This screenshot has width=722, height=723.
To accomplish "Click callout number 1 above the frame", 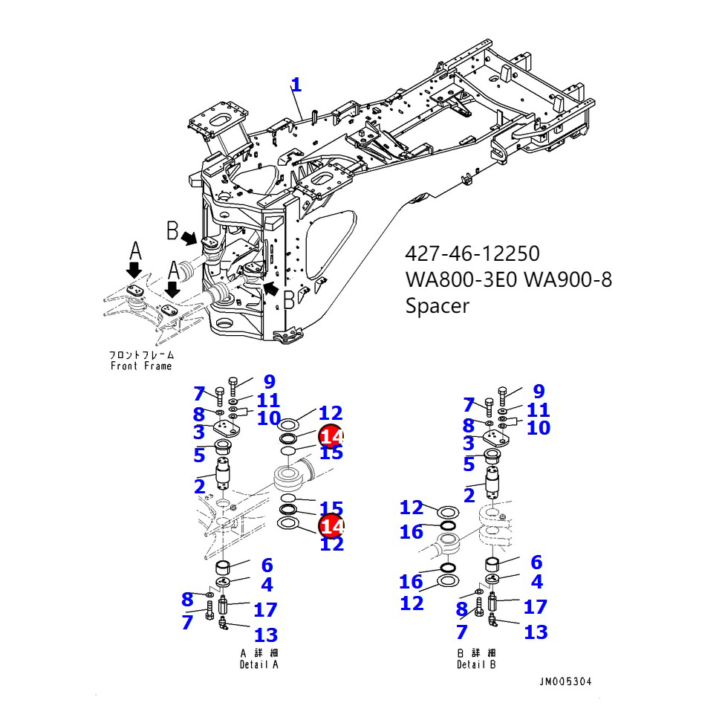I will click(296, 85).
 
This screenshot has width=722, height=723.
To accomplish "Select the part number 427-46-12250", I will click(472, 254).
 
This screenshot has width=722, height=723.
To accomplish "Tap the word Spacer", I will click(437, 305).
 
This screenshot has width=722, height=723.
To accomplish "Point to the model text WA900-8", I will click(568, 280).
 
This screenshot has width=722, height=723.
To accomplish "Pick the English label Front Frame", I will click(141, 366).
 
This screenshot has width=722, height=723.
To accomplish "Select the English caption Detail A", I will click(258, 665).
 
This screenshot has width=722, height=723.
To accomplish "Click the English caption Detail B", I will click(476, 665).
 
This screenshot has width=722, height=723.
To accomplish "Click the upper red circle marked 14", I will click(331, 436).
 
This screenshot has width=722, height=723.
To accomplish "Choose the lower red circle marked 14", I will click(331, 526).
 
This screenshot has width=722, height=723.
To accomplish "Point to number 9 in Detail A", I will click(268, 383).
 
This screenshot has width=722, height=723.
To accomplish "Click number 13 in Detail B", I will click(536, 632).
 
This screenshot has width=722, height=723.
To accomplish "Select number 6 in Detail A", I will click(267, 565).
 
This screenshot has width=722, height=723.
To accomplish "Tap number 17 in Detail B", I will click(535, 607).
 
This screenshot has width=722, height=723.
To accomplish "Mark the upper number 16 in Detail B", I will click(411, 532).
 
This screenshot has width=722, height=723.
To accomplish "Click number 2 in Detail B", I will click(469, 496).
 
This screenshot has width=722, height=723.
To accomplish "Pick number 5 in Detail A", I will click(199, 453).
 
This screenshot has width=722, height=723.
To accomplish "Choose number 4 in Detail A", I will click(267, 585).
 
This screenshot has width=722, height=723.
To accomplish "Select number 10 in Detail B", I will click(539, 428).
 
